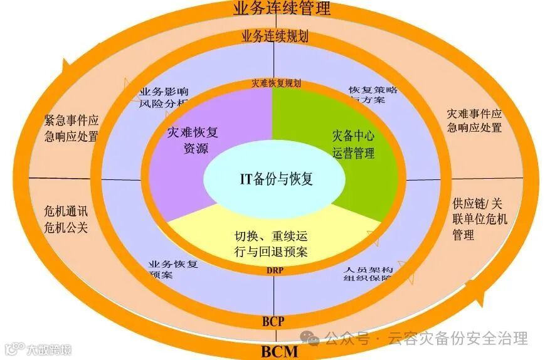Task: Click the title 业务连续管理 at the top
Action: pos(281,9)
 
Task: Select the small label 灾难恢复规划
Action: pos(276,83)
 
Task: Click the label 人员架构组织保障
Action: pos(369,274)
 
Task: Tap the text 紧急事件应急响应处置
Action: pos(71,127)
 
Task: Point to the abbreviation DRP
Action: pos(273,270)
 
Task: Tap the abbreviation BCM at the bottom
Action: pos(279,351)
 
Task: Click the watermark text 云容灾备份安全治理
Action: pos(458,339)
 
